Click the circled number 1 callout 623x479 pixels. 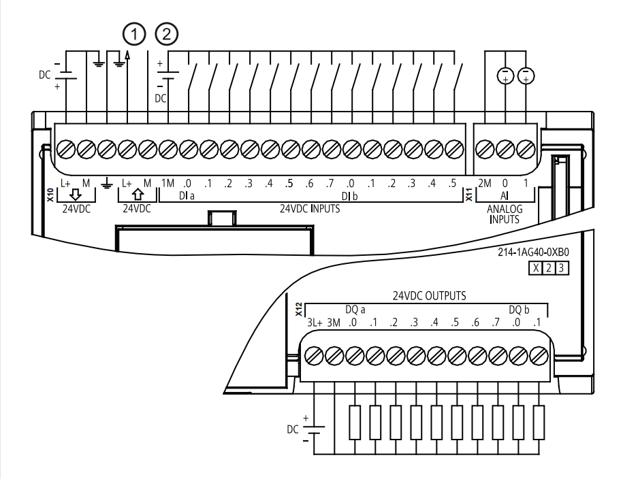coord(134,34)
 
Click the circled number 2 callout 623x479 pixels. coord(167,34)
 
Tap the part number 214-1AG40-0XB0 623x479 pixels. coord(533,252)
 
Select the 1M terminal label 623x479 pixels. coord(167,183)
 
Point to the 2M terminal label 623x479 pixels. coord(485,183)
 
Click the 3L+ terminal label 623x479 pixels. coord(315,323)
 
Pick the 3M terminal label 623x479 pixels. coord(334,323)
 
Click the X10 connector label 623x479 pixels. coord(50,195)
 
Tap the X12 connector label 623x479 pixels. coord(299,310)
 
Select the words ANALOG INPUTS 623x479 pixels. coord(505,214)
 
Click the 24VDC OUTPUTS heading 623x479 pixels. coord(430,296)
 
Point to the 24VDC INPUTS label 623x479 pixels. coord(310,208)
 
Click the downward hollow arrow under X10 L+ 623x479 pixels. coord(75,195)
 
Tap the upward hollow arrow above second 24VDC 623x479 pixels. coord(138,195)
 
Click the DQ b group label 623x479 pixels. coord(519,310)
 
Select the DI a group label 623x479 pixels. coord(187,196)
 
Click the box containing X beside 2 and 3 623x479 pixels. coord(536,269)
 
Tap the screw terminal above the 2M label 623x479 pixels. coord(485,150)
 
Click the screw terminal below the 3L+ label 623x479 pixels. coord(315,355)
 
